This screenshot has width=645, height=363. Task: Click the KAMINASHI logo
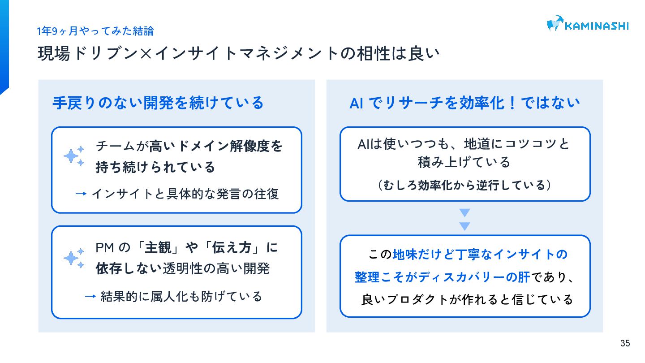[587, 24]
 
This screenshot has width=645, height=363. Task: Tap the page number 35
[625, 344]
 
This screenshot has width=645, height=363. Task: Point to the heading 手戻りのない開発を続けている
[158, 103]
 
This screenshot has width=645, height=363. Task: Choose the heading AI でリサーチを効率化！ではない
[464, 103]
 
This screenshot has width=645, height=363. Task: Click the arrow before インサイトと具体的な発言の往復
[81, 194]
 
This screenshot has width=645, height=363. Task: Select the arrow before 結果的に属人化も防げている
[90, 296]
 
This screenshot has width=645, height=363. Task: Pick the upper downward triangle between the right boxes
[464, 212]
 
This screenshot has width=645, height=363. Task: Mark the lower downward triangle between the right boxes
[464, 226]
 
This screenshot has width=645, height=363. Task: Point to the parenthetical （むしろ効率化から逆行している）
[464, 185]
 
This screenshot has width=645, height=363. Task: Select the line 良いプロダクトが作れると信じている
[467, 299]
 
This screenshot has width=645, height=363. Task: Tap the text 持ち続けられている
[155, 167]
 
